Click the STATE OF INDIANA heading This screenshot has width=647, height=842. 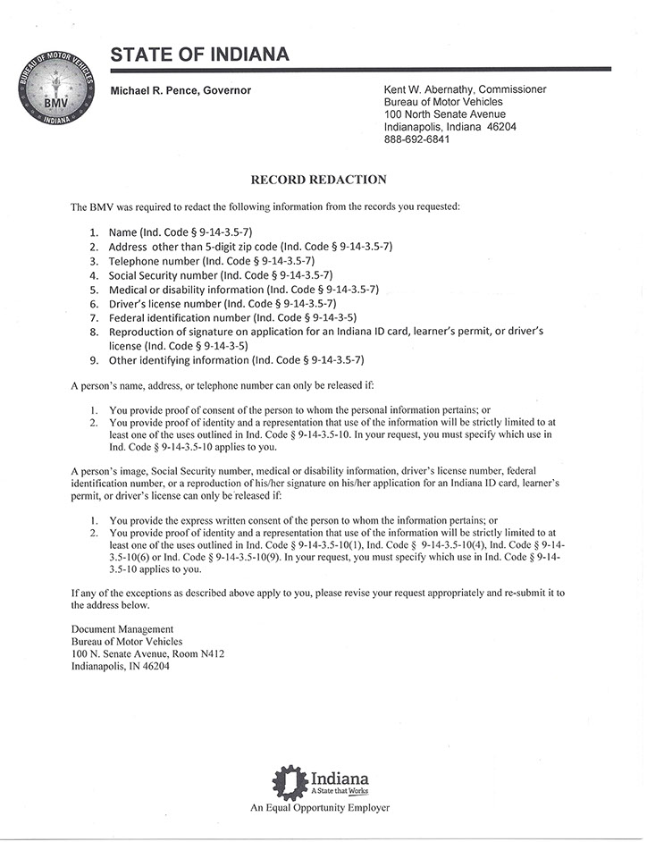tap(199, 55)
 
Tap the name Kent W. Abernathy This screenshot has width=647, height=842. tap(425, 89)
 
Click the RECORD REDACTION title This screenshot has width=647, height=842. tap(318, 180)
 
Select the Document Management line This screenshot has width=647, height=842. tap(122, 629)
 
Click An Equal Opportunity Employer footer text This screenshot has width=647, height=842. tap(320, 808)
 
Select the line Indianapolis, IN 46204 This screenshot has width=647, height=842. tap(126, 666)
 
